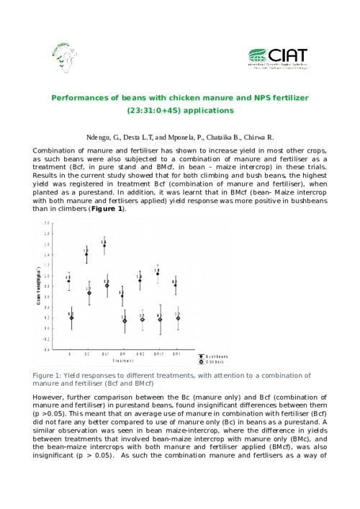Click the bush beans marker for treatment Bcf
tap(104, 245)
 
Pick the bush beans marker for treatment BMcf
tap(158, 274)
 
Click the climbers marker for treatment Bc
tap(89, 293)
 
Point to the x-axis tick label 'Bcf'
tap(105, 355)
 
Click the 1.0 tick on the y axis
tap(47, 276)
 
